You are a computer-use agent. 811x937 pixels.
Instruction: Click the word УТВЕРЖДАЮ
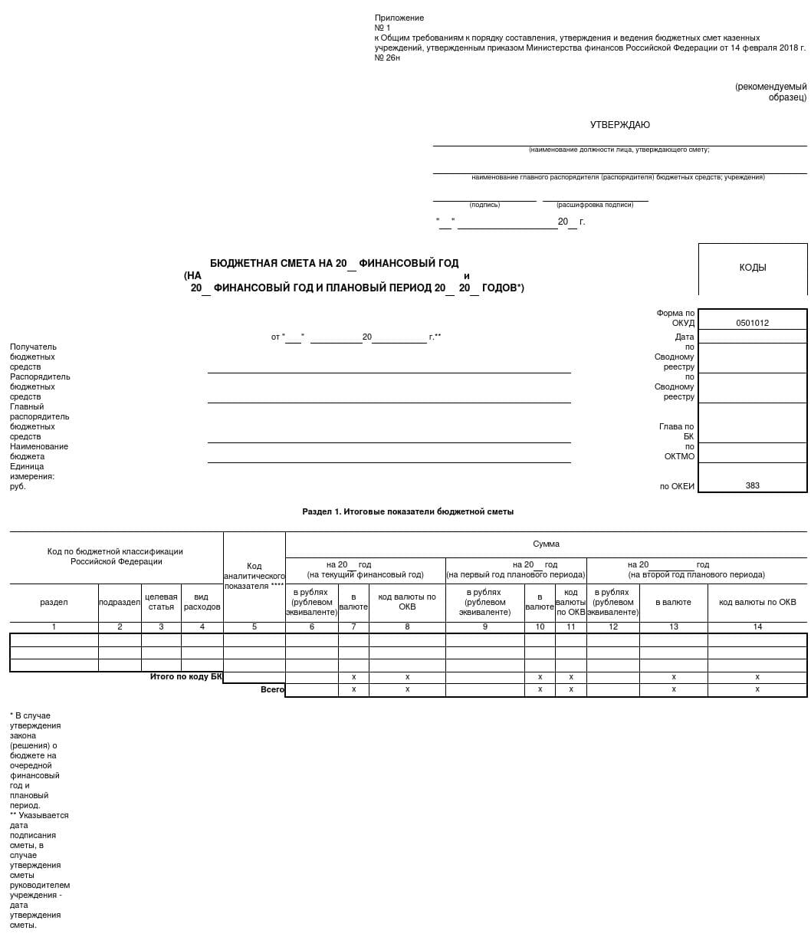click(619, 125)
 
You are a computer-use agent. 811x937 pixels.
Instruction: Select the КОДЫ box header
click(752, 268)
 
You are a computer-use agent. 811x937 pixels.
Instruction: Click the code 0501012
click(752, 323)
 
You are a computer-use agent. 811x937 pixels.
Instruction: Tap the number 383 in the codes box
click(752, 485)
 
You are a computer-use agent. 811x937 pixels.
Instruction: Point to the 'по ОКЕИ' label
click(677, 486)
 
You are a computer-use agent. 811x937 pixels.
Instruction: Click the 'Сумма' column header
click(546, 544)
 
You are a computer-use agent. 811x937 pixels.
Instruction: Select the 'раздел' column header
click(54, 602)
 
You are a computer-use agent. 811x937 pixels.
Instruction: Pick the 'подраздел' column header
click(120, 603)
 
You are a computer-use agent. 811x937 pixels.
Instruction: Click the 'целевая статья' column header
click(161, 602)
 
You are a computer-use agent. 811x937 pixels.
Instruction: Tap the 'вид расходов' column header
click(202, 602)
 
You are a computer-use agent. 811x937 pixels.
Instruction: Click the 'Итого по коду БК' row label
click(186, 676)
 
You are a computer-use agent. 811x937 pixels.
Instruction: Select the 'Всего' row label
click(272, 689)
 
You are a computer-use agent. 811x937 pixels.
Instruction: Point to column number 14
click(757, 626)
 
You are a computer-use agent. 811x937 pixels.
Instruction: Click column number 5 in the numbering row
click(254, 626)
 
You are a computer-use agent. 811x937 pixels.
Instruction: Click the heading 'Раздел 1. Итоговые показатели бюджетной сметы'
click(408, 511)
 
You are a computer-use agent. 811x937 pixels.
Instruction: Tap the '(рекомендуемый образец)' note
click(770, 92)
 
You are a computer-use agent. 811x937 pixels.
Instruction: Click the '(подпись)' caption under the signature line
click(484, 205)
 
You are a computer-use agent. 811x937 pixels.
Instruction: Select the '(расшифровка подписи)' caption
click(595, 205)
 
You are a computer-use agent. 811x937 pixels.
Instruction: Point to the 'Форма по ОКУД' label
click(675, 317)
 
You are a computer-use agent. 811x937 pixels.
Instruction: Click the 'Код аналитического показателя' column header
click(254, 576)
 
